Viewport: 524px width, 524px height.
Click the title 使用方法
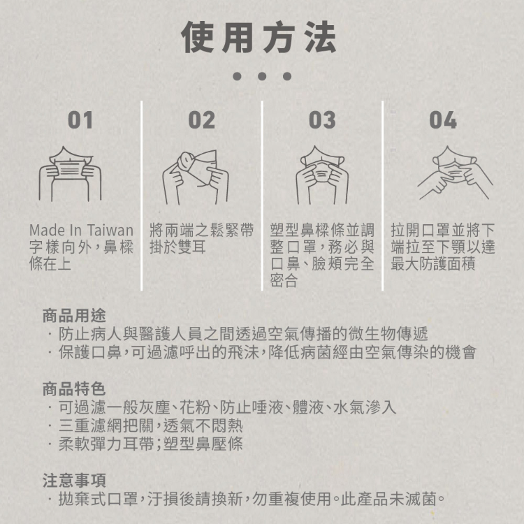pos(259,37)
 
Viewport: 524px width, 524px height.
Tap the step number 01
pos(80,120)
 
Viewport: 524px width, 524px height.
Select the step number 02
pos(201,120)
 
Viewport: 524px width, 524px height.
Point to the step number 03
pos(322,120)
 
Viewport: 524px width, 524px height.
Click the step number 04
pos(443,120)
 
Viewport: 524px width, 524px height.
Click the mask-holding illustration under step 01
pos(71,174)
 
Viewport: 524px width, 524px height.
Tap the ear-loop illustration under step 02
pos(196,177)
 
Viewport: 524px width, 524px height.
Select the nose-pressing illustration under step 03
pos(323,175)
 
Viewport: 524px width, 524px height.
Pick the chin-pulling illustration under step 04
pos(455,173)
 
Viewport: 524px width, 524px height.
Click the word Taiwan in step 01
pos(110,231)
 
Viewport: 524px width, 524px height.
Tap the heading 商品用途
pos(74,316)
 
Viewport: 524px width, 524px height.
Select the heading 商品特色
pos(74,389)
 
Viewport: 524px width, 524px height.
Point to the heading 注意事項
pos(74,480)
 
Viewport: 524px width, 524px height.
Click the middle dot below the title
pos(262,76)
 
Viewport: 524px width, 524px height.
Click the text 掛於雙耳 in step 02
pos(177,247)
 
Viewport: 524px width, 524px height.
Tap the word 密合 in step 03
pos(284,281)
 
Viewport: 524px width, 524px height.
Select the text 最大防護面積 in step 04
pos(433,264)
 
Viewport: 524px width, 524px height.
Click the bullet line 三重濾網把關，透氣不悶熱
pos(151,425)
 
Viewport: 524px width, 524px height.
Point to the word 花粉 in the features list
pos(196,407)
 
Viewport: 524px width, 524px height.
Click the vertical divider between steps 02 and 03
pos(262,196)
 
